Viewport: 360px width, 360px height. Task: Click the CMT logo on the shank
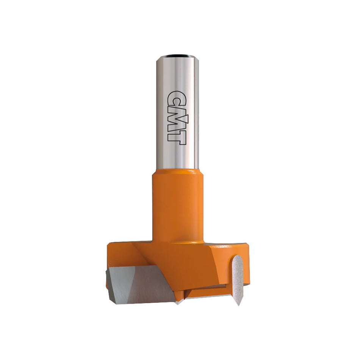(x=177, y=117)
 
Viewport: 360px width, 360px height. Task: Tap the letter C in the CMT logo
(x=177, y=98)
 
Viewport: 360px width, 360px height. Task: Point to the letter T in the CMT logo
(x=177, y=138)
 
